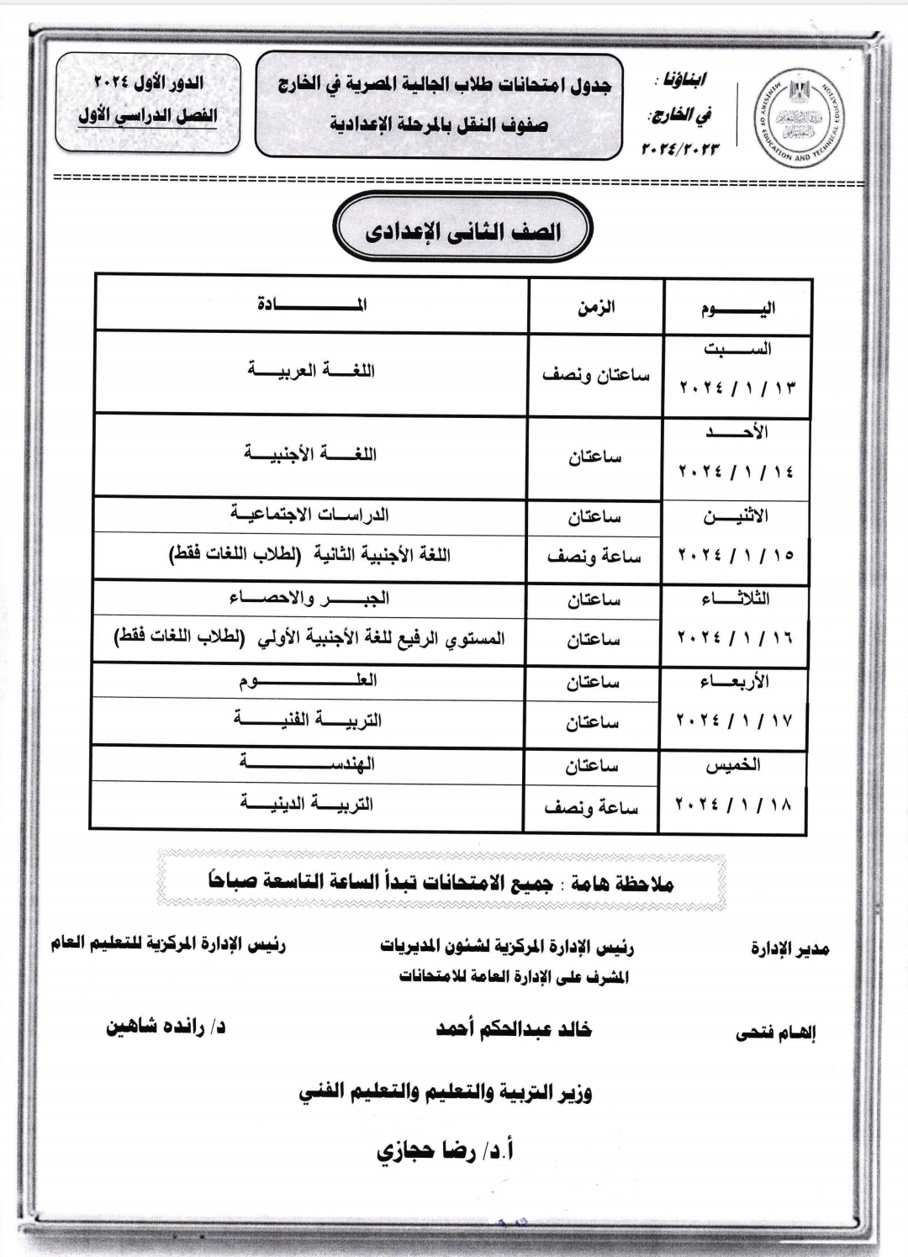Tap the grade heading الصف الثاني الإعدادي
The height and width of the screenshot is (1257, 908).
462,232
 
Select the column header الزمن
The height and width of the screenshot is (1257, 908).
595,307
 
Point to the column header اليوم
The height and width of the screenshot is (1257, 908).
737,309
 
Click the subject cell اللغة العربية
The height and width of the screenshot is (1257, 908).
311,371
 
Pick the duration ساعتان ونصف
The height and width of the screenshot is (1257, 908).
595,375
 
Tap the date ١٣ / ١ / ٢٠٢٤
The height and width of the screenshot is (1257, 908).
736,388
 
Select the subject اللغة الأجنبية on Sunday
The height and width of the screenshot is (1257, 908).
310,455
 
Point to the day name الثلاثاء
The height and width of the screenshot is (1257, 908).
735,599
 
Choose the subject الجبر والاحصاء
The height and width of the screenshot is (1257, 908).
309,599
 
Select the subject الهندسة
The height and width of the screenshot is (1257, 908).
307,763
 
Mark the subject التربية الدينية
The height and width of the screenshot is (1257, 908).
307,804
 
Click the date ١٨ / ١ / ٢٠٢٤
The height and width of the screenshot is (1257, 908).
733,805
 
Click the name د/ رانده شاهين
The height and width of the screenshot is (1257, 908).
166,1027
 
